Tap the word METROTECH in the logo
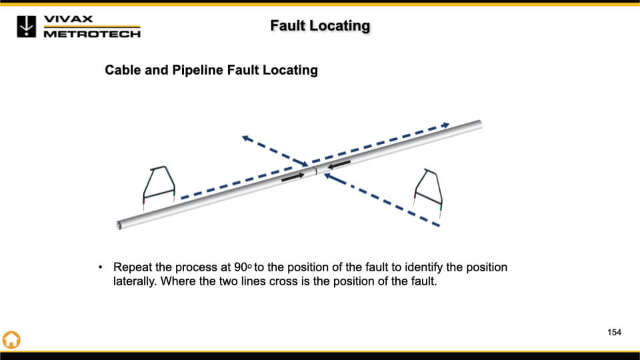(92, 33)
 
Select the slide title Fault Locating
(320, 26)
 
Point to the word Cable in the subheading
(123, 70)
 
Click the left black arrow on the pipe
(292, 177)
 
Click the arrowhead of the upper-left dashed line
(245, 138)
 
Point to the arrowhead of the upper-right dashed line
(446, 124)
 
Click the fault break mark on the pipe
(316, 172)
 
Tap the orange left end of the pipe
(119, 225)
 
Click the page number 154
(614, 332)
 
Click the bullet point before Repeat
(101, 267)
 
